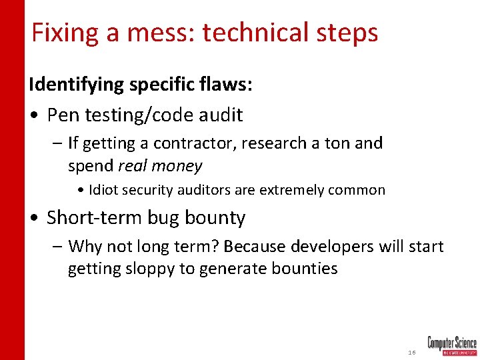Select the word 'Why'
click(84, 247)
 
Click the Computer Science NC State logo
click(452, 345)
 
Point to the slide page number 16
click(412, 351)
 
